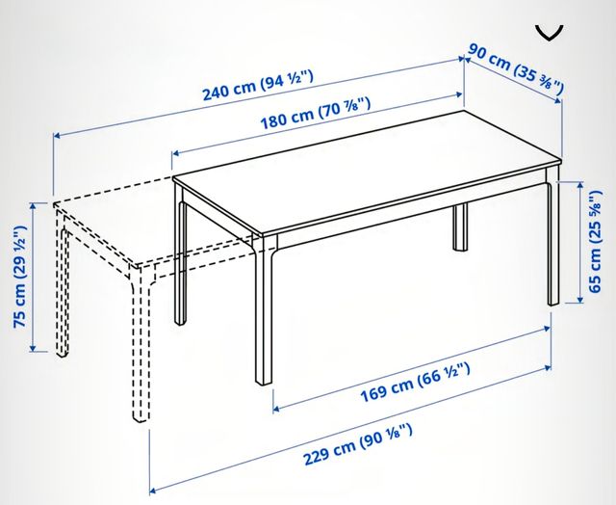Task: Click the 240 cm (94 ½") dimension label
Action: click(258, 85)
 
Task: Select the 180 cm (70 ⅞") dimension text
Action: click(316, 114)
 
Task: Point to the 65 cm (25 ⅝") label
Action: click(596, 241)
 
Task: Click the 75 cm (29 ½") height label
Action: click(19, 277)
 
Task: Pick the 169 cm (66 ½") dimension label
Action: click(415, 382)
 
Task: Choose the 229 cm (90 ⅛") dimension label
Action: click(358, 444)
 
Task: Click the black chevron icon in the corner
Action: click(549, 33)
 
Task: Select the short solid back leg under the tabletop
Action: click(460, 227)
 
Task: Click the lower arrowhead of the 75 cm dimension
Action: click(33, 348)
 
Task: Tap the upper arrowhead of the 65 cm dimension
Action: click(580, 186)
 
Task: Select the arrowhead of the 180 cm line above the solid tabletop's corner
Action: click(176, 152)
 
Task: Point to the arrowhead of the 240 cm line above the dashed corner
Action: click(57, 136)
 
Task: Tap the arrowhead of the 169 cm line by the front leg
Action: click(276, 408)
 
